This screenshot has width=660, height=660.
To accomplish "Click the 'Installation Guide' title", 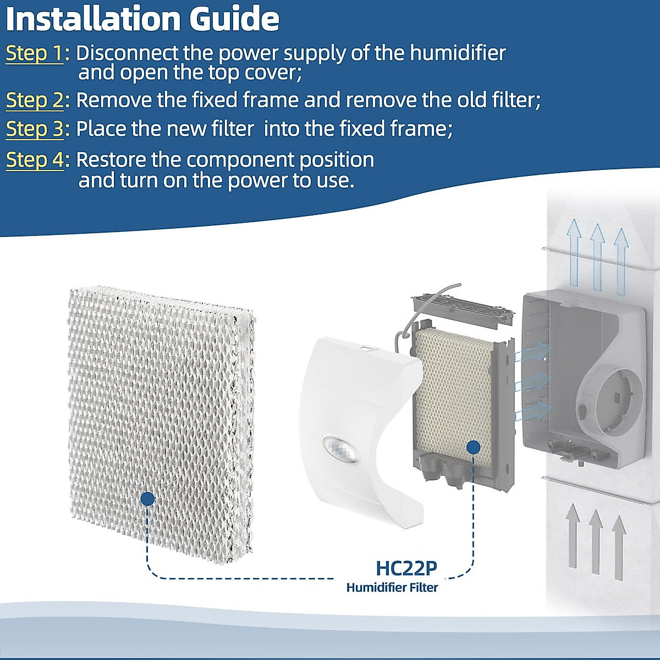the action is [143, 19].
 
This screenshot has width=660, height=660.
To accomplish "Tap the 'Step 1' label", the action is [35, 53].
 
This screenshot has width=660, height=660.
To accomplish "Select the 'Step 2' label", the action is [35, 100].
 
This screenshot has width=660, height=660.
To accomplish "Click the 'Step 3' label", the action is [35, 129].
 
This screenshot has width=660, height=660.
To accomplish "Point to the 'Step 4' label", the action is [35, 160].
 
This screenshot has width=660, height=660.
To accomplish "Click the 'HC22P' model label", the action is [406, 568].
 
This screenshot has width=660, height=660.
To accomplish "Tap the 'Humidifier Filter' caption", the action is [392, 587].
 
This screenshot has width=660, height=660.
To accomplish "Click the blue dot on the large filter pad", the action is [147, 499].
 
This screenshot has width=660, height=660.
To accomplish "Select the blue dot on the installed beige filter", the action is [474, 447].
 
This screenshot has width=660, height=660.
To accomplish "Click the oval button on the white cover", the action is [341, 449].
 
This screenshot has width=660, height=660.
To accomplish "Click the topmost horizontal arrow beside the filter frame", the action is [532, 352].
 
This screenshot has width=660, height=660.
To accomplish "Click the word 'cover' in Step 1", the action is [274, 73].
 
